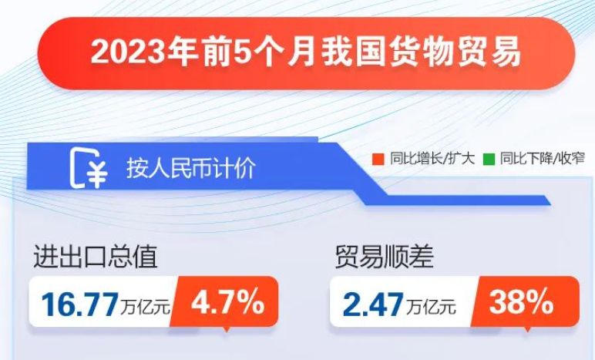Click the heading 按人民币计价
pos(191,168)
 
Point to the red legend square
pos(378,159)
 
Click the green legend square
pos(489,159)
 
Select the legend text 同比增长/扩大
pos(432,159)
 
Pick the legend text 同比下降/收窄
pos(543,159)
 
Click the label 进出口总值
pos(96,257)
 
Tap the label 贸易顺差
pos(384,257)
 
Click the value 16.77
pos(79,304)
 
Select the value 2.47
pos(372,304)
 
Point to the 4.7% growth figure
pos(227,302)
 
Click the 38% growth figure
pos(521,302)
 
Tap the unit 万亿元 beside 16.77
pos(146,307)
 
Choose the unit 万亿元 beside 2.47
pos(431,307)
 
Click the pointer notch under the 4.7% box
pos(226,329)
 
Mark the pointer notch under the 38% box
pos(526,329)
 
